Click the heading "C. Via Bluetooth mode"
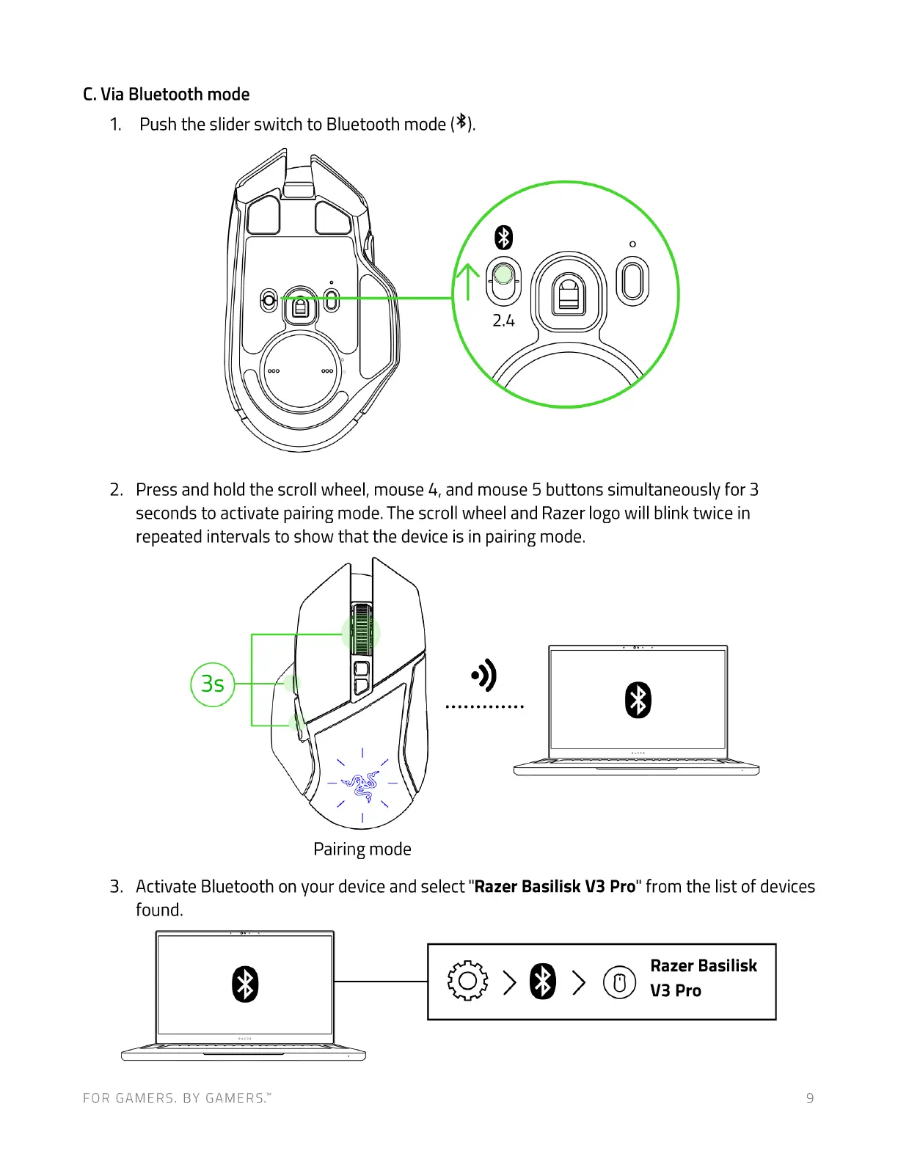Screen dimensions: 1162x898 tap(166, 95)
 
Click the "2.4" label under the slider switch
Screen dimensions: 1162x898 tap(503, 321)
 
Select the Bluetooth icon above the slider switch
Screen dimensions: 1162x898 tap(503, 238)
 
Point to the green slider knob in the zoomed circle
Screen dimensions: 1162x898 tap(503, 275)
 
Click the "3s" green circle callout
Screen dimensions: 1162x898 tap(213, 684)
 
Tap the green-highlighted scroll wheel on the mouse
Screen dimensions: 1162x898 tap(361, 631)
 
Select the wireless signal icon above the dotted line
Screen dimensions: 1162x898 tap(485, 675)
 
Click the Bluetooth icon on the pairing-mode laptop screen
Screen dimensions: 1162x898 tap(638, 700)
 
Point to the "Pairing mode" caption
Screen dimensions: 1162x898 tap(362, 849)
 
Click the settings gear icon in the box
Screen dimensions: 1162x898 tap(467, 981)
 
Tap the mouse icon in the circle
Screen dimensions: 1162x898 tap(619, 982)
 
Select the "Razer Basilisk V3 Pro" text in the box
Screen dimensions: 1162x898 tap(703, 978)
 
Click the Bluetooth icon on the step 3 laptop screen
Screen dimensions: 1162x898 tap(245, 984)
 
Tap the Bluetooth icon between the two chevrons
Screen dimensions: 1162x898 tap(543, 982)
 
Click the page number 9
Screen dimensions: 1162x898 tap(810, 1098)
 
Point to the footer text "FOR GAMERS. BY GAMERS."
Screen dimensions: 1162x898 tap(177, 1098)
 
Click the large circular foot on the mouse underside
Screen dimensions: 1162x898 tap(301, 371)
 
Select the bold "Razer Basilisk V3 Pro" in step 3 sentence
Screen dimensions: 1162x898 tap(555, 887)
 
